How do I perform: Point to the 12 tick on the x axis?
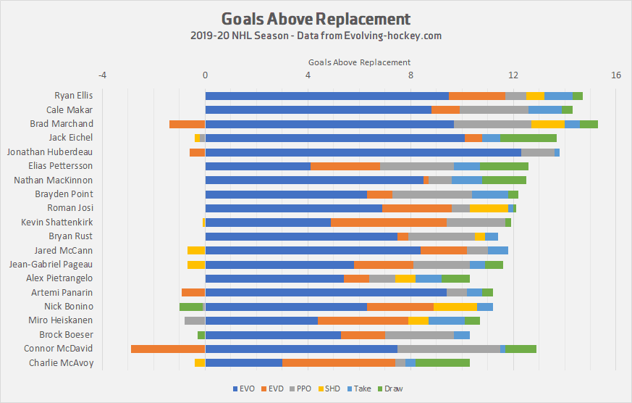pos(513,75)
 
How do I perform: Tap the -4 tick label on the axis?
pos(102,75)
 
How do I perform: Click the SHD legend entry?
pos(330,389)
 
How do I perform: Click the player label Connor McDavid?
pos(62,349)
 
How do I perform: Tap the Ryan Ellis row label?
pos(74,96)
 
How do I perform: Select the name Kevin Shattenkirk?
pos(57,223)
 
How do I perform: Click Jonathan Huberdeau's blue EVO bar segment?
pos(363,152)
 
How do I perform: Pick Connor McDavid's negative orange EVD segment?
pos(168,349)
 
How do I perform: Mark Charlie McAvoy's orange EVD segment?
pos(338,362)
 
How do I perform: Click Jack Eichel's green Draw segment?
pos(528,138)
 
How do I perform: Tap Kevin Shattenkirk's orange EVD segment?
pos(389,223)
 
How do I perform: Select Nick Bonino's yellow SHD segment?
pos(455,307)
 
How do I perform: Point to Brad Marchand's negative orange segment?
pos(187,124)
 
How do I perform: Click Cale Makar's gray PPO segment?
pos(494,110)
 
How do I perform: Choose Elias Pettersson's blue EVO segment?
pos(258,166)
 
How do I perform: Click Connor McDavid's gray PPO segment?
pos(449,349)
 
